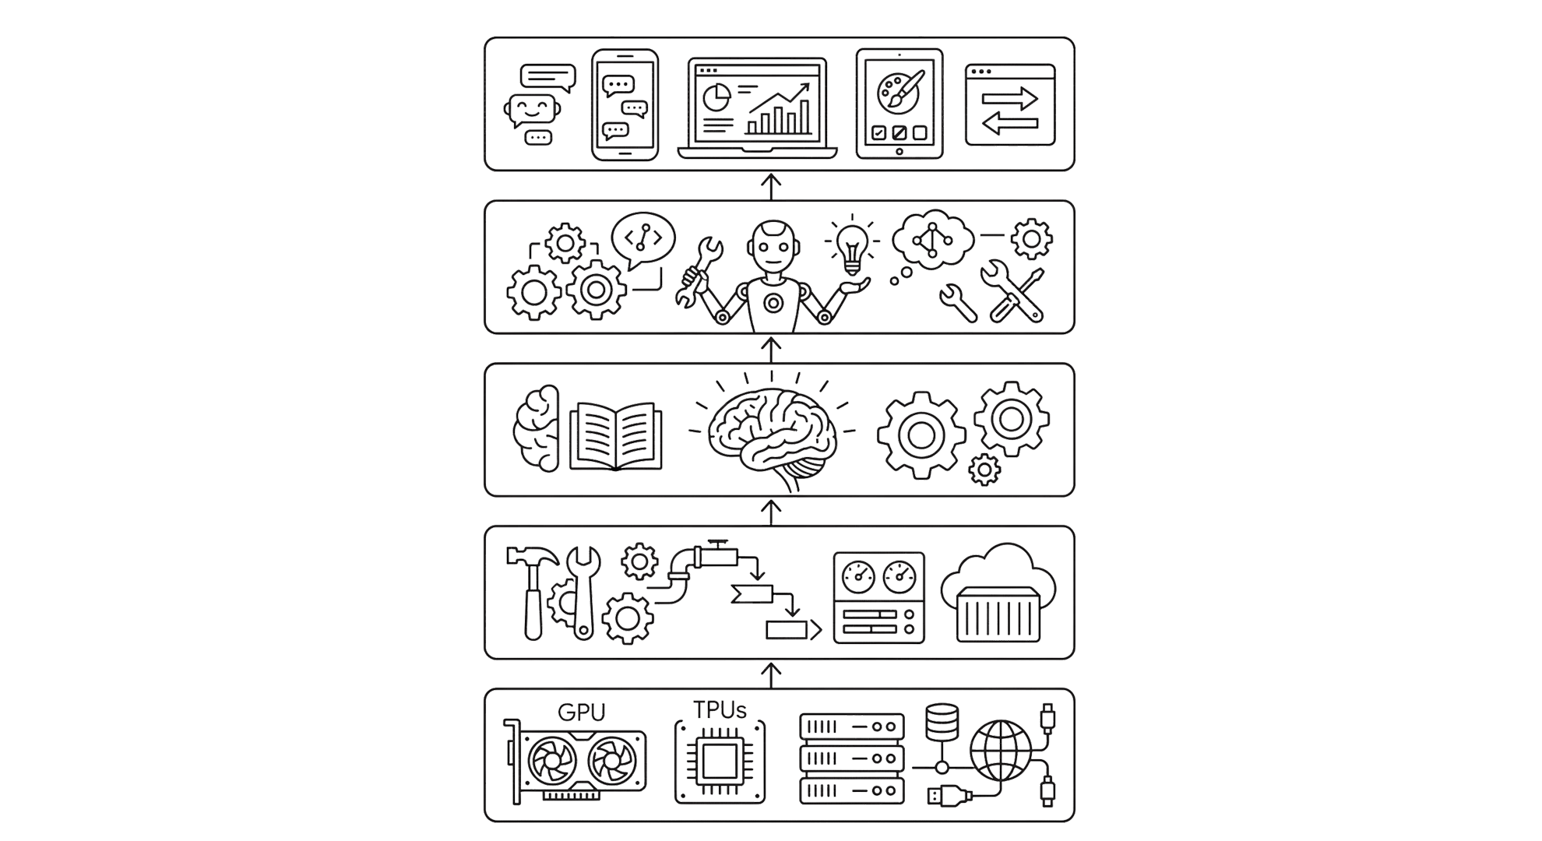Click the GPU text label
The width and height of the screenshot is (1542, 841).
581,713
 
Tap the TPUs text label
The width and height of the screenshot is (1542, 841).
720,710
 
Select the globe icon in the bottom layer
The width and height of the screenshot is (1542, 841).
1001,751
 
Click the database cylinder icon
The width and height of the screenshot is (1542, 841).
942,723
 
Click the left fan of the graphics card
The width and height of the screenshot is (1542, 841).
552,762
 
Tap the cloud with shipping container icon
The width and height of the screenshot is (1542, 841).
998,593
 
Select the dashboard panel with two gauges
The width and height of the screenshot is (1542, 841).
878,597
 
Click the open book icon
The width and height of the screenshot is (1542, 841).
615,436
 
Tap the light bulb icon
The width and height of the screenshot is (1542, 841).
852,246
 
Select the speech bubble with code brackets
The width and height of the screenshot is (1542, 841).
643,238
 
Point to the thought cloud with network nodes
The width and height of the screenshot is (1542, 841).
932,239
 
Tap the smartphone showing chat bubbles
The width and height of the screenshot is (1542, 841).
625,105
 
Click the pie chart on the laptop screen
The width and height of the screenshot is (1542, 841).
716,98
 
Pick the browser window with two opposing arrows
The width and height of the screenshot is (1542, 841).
1010,105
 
